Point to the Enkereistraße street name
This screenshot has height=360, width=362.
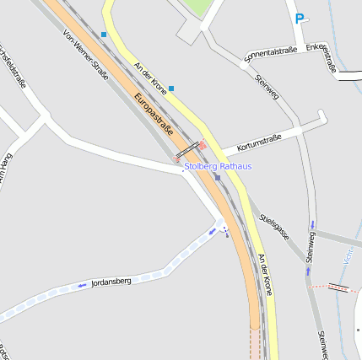[321, 57]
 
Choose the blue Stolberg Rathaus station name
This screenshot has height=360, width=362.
[218, 166]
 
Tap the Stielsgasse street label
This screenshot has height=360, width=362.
[274, 225]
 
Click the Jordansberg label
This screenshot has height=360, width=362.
[111, 281]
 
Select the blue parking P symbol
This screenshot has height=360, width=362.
[300, 18]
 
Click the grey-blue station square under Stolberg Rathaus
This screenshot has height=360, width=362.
[217, 177]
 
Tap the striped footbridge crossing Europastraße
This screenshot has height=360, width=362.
[188, 149]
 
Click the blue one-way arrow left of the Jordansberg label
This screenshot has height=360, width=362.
[82, 286]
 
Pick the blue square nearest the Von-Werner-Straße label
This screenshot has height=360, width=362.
[104, 35]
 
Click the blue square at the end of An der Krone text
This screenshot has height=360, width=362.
[171, 88]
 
